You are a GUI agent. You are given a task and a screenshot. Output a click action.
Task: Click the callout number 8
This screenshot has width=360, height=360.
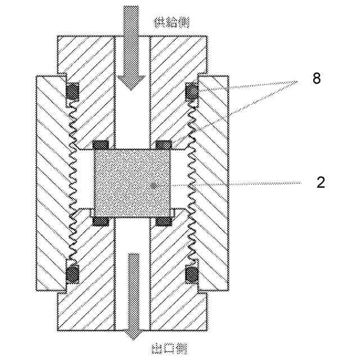pyautogui.click(x=317, y=79)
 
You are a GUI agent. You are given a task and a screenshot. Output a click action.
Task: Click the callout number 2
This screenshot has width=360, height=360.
pyautogui.click(x=321, y=183)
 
